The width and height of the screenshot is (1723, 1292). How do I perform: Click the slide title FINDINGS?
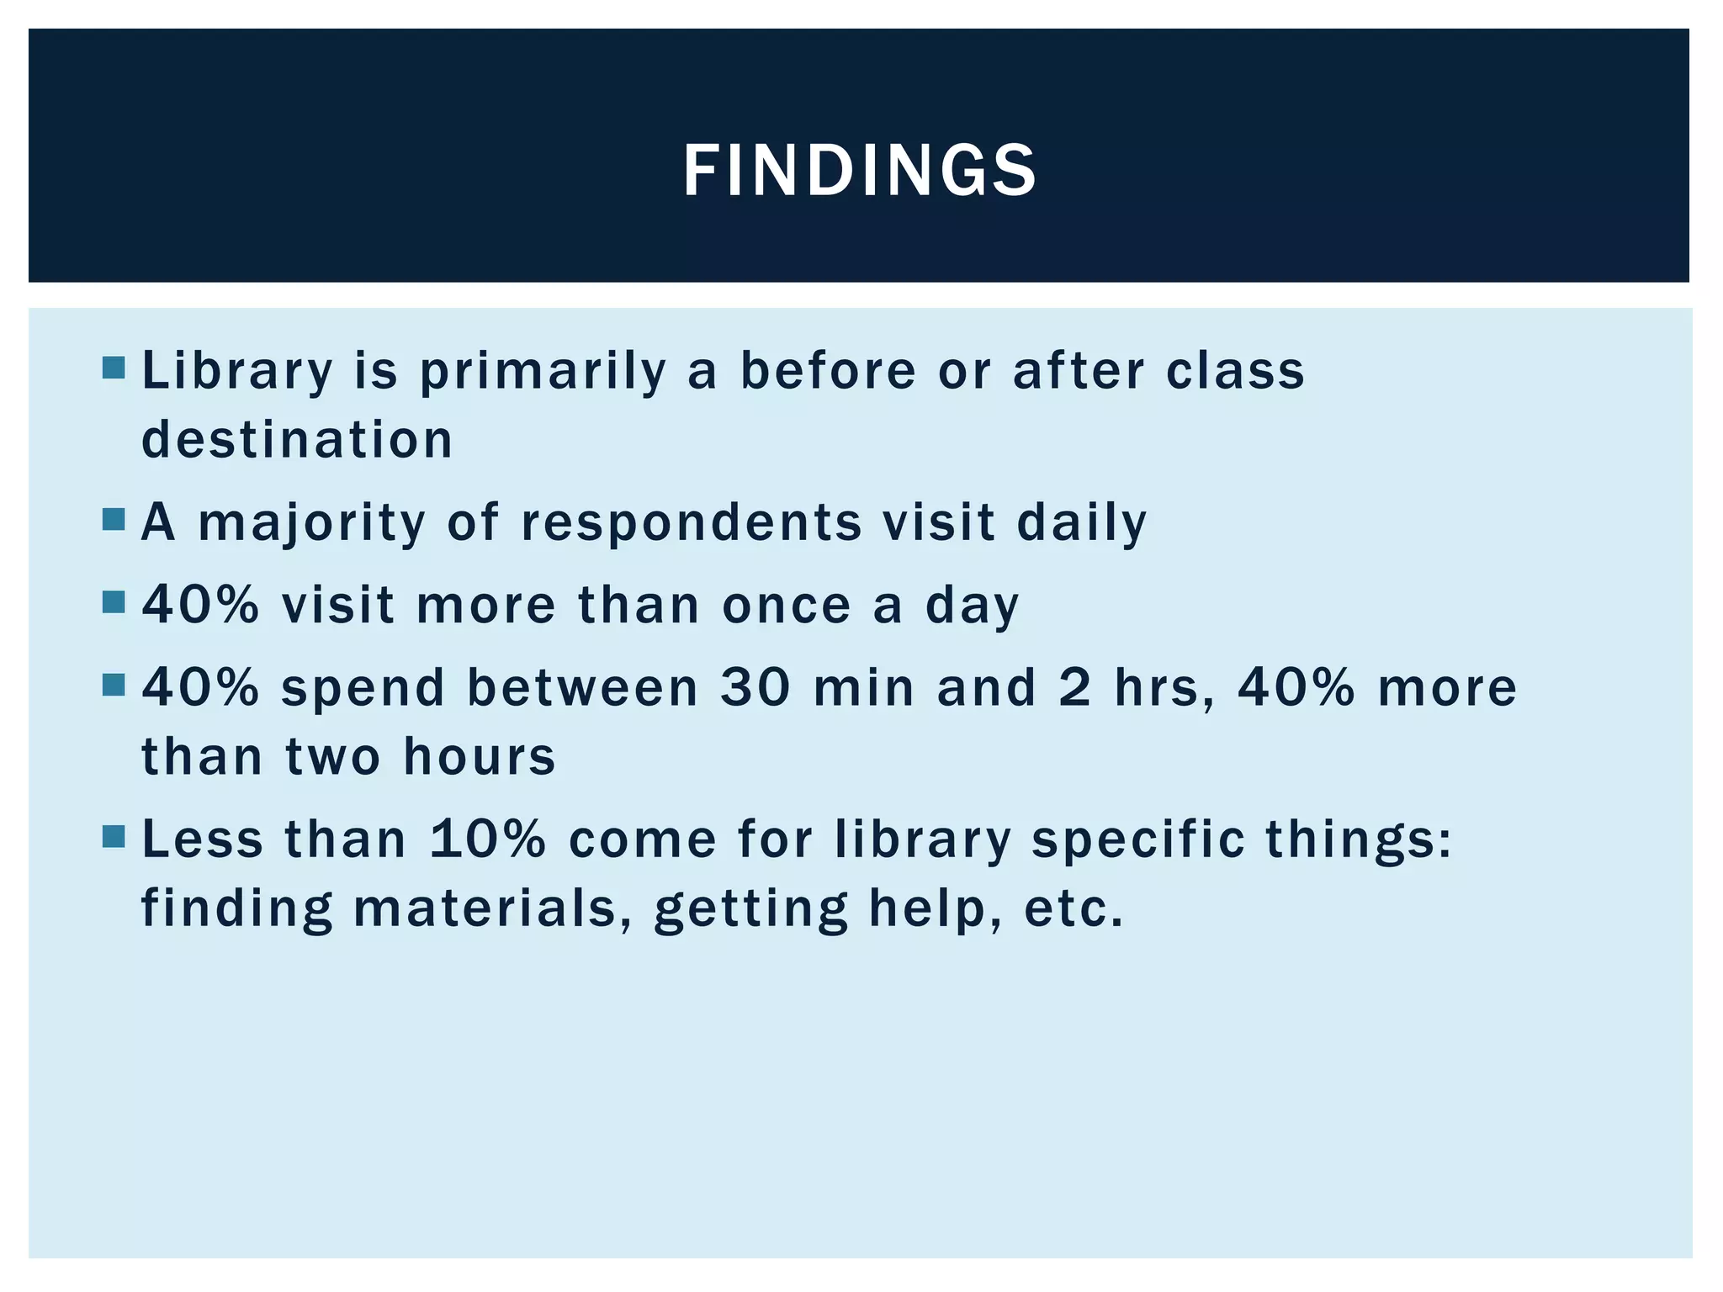tap(860, 171)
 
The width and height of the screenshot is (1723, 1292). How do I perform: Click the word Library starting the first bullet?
tap(237, 371)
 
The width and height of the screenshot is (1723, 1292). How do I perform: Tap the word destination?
tap(297, 440)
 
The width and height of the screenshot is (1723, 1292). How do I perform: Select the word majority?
tap(312, 523)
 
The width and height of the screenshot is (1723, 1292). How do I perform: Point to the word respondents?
tap(692, 523)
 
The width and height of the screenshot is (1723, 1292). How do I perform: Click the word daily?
tap(1082, 523)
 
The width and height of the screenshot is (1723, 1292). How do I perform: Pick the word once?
tap(787, 605)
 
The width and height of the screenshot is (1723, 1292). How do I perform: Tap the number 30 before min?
tap(755, 687)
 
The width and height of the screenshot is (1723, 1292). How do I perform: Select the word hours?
tap(480, 756)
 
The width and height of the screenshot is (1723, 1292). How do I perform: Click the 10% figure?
tap(487, 839)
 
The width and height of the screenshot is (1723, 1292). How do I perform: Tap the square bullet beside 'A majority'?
tap(114, 519)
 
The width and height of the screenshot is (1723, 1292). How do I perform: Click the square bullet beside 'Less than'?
tap(114, 836)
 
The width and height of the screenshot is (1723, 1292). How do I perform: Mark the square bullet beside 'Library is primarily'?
tap(114, 368)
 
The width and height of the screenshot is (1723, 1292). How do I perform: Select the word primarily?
tap(543, 371)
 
